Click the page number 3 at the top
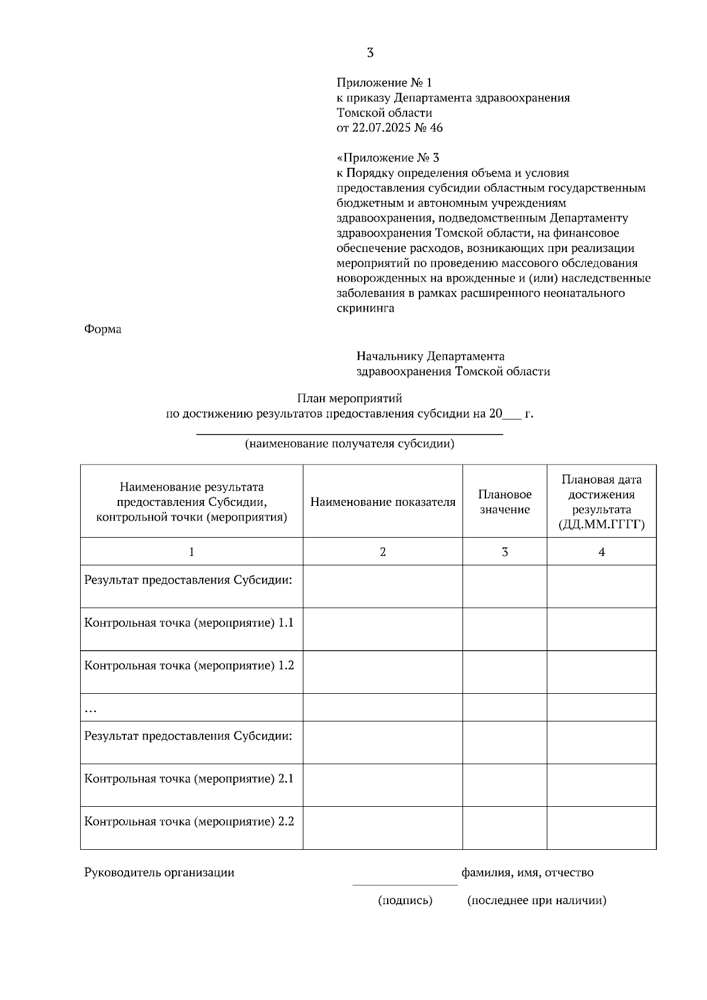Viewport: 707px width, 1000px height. pos(370,53)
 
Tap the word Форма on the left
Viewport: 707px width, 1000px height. pos(103,329)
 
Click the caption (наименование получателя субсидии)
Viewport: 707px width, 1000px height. pos(349,444)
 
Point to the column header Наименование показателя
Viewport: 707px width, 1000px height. pos(383,502)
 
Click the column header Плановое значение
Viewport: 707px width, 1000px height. pos(505,502)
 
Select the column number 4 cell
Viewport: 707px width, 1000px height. pos(602,552)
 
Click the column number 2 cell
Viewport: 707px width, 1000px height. pos(383,552)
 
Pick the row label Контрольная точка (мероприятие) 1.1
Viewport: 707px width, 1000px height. pos(189,623)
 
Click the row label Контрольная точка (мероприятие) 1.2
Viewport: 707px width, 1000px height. pos(189,665)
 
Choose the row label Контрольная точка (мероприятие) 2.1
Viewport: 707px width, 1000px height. pos(189,779)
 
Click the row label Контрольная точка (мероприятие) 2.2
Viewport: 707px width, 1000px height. pos(189,822)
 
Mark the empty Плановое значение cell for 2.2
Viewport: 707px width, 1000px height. pos(505,827)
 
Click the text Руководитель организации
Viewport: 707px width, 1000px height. pos(159,873)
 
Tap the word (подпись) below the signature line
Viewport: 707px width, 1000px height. pos(405,900)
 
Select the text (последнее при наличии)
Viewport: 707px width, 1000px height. pos(537,900)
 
